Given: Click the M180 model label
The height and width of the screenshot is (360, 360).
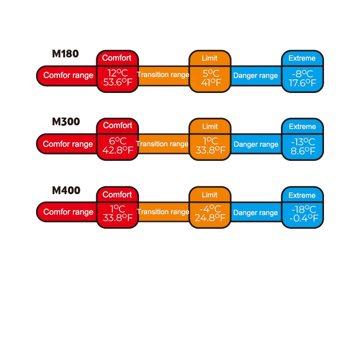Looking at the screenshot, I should tap(65, 54).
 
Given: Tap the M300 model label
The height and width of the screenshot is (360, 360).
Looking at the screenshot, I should tap(66, 122).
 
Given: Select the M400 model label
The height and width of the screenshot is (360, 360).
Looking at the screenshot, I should tap(66, 190).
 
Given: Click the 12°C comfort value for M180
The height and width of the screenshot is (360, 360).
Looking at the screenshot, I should tap(117, 73).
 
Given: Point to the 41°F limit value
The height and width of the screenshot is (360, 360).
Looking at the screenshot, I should tap(211, 83).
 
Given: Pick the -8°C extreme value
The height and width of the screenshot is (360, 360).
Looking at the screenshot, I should tap(302, 73).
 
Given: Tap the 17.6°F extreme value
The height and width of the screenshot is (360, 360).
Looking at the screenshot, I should tap(302, 83).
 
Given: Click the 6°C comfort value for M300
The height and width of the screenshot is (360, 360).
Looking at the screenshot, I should tap(117, 141).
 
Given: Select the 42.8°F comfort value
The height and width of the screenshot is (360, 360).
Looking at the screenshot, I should tap(117, 151).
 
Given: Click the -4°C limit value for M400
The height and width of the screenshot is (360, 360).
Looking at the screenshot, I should tap(211, 209).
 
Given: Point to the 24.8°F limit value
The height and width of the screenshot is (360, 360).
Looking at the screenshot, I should tap(211, 218).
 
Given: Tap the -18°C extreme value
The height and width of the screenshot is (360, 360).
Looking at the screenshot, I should tap(302, 209).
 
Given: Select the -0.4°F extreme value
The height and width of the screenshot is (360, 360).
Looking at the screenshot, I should tap(302, 218).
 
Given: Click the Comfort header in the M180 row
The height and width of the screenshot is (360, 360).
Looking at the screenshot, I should tap(117, 58).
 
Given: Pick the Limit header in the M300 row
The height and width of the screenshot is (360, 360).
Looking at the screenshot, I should tap(210, 126).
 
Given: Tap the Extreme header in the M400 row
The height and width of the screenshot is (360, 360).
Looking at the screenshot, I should tap(302, 195).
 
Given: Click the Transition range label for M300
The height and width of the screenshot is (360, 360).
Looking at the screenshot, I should tap(162, 144).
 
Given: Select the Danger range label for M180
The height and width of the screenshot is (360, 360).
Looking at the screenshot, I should tap(255, 76).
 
